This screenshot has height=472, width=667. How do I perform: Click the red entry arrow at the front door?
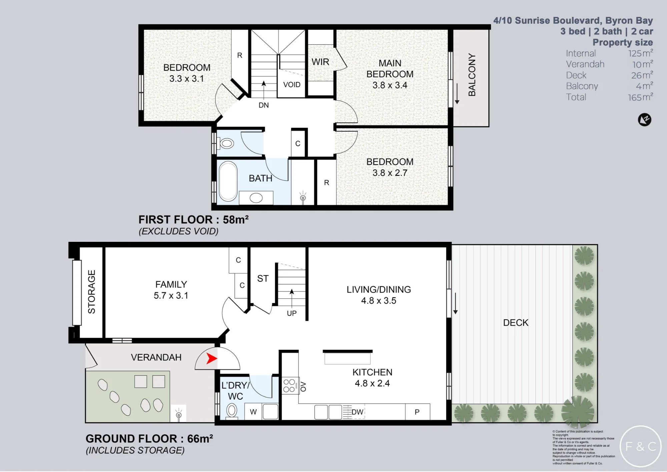coord(212,358)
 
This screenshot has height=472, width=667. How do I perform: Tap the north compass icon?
coord(644,120)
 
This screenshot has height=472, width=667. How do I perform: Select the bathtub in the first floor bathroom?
coord(228,181)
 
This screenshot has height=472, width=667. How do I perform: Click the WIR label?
coord(320,62)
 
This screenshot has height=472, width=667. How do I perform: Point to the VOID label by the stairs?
coord(292,85)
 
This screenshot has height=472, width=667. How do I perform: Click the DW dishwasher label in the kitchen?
coord(357,412)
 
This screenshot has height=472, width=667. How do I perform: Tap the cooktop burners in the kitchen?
coord(289,386)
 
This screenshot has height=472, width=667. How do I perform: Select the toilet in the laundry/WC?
coord(232,410)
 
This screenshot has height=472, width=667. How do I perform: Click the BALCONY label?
coord(472,75)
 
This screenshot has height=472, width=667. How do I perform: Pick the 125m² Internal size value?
coord(641,53)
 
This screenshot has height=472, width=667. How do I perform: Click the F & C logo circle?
coord(640,446)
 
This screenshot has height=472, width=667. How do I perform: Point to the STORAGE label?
coord(91,292)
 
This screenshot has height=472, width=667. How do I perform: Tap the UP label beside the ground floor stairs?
coord(292,313)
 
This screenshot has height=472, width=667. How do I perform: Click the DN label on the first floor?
coord(263,105)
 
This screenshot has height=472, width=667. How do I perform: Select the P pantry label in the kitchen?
coord(417,412)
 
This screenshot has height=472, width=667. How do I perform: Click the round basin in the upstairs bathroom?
coord(256,198)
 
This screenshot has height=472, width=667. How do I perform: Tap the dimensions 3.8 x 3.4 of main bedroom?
coord(390,85)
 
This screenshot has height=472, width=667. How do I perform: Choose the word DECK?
coord(516,323)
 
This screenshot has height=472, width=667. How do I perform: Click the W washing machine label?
coord(253,412)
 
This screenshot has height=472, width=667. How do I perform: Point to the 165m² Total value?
coord(641,97)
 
